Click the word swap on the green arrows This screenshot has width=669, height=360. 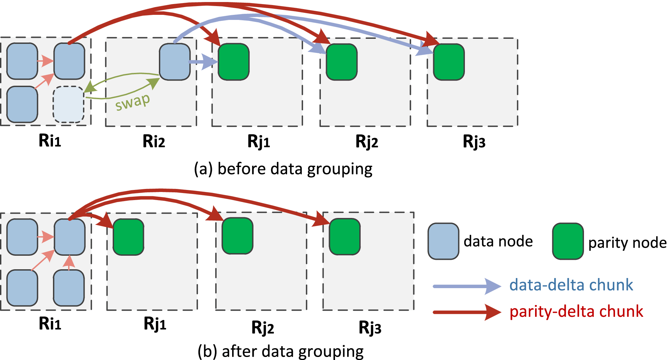click(x=132, y=102)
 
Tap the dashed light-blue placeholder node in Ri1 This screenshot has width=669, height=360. click(x=68, y=105)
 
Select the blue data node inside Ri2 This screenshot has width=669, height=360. click(x=174, y=62)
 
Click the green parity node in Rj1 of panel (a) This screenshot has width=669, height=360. click(x=233, y=62)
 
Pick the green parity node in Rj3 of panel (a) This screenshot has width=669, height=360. click(x=449, y=62)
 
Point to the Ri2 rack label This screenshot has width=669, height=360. click(x=154, y=141)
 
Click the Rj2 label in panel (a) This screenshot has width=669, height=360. click(x=367, y=141)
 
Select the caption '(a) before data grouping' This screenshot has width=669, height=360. click(x=283, y=169)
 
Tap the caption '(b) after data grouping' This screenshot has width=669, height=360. click(x=281, y=351)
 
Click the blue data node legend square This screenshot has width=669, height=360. click(x=443, y=241)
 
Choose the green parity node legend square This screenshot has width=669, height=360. click(x=568, y=241)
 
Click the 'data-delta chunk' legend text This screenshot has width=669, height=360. click(x=571, y=285)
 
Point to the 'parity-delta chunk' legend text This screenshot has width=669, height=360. click(x=576, y=311)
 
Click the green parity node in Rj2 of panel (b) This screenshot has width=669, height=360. click(x=238, y=236)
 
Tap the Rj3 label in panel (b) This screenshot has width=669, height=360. click(x=370, y=327)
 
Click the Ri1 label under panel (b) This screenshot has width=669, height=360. click(x=50, y=324)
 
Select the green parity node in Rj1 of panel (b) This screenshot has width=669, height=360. click(x=129, y=237)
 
